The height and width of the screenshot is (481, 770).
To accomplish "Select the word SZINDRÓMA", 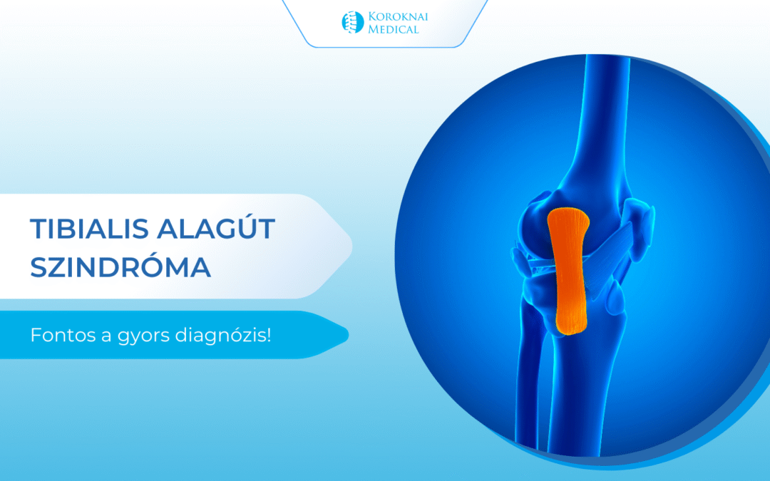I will [x=120, y=268].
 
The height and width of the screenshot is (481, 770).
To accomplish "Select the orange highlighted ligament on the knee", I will [x=568, y=271].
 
